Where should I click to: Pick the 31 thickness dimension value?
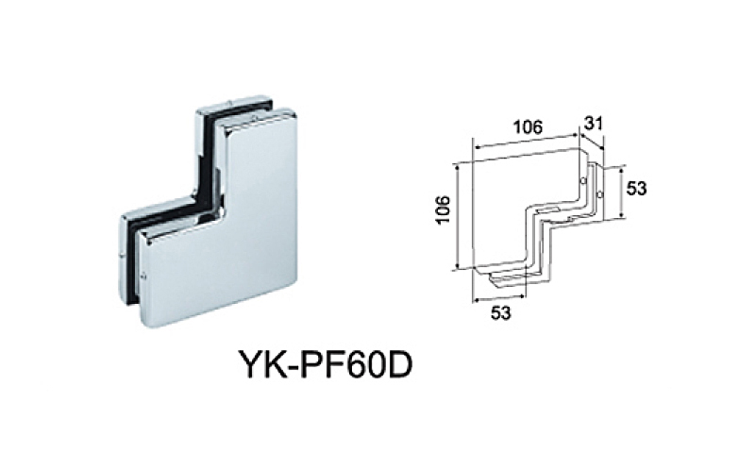pyautogui.click(x=595, y=123)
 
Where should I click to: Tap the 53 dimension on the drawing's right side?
pyautogui.click(x=636, y=188)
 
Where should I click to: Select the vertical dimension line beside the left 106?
pyautogui.click(x=457, y=216)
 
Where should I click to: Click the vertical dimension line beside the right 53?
pyautogui.click(x=621, y=193)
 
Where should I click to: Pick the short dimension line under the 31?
pyautogui.click(x=594, y=139)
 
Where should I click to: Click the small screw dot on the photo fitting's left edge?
pyautogui.click(x=141, y=277)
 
